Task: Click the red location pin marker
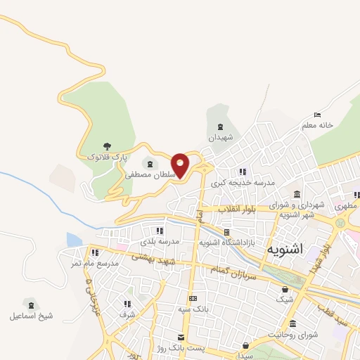click(x=181, y=165)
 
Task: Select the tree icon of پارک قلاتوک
click(x=107, y=146)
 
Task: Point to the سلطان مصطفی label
click(x=148, y=174)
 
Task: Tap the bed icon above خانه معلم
click(x=318, y=114)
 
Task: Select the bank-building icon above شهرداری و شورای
click(x=297, y=194)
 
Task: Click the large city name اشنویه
click(x=286, y=249)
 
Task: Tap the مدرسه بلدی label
click(x=160, y=241)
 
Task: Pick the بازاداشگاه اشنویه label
click(x=225, y=242)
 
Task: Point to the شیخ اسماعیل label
click(x=31, y=316)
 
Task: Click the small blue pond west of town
click(x=74, y=239)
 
